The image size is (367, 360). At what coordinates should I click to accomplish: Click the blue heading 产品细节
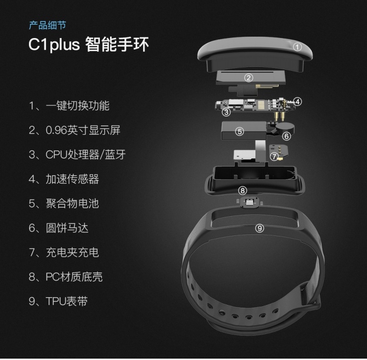coord(48,25)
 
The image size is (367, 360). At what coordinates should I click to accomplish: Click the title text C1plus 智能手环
coord(89,44)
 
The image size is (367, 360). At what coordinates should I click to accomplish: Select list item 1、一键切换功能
coord(69,106)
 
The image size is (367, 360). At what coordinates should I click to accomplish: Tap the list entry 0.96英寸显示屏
coord(83,130)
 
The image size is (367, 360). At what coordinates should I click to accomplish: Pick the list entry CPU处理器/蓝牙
coord(86,155)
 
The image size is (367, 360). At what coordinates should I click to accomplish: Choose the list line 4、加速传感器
coord(64,179)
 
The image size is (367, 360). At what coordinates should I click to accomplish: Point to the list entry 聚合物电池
coord(72,204)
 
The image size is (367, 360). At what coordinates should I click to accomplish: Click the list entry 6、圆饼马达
coord(59,228)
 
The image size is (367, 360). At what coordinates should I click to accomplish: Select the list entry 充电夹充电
coord(72,252)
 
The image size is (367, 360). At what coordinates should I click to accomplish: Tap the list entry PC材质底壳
coord(74,277)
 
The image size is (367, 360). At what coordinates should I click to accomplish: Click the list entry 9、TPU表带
coord(58,301)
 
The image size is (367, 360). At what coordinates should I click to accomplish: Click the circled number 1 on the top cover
coord(297,47)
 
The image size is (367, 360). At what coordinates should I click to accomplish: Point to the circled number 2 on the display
coord(249,78)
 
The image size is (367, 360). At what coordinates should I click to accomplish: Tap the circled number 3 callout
coord(226,112)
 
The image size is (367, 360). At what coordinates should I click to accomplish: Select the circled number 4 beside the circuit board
coord(297,101)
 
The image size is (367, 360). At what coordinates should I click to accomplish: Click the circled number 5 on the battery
coord(239,132)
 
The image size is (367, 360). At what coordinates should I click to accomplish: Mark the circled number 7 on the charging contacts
coord(274,156)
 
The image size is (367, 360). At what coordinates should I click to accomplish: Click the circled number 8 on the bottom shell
coord(243,191)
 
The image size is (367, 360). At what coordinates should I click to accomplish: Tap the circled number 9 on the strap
coord(259,228)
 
